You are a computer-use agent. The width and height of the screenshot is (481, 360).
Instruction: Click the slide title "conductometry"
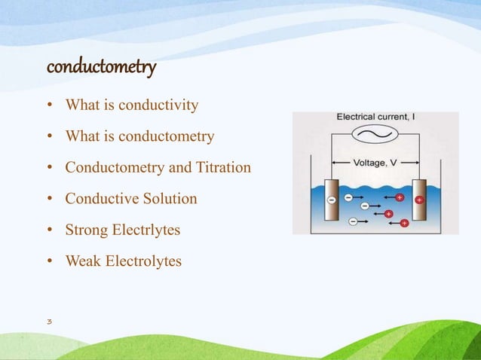pos(101,68)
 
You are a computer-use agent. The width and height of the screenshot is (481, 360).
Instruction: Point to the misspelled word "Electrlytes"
pos(146,230)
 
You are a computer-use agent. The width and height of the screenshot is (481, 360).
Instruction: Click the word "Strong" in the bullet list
pos(86,230)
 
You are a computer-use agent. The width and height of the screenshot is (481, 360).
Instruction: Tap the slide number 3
pos(49,322)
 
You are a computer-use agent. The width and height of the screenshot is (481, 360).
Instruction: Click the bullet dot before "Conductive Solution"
pos(49,200)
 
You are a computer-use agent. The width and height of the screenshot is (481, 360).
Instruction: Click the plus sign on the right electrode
pos(419,200)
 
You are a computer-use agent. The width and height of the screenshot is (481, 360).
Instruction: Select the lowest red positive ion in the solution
pos(404,224)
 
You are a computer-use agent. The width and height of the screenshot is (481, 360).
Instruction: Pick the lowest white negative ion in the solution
pos(354,221)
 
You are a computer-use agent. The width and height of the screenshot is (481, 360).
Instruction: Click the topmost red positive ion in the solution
pos(400,197)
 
